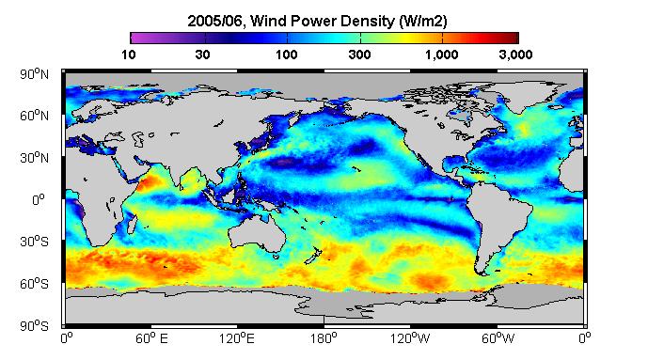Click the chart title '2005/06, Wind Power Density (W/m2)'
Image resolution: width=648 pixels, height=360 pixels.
click(x=317, y=21)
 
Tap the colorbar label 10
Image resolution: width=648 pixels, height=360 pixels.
click(x=129, y=55)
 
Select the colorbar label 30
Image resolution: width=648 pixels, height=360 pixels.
click(x=202, y=55)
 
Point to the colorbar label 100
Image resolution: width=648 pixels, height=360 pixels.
click(x=287, y=55)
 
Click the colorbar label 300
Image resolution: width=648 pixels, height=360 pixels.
click(x=359, y=55)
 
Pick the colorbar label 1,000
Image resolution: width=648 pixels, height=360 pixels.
click(x=441, y=55)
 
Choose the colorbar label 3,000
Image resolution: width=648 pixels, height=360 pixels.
click(x=515, y=55)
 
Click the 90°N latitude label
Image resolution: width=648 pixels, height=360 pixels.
click(x=34, y=74)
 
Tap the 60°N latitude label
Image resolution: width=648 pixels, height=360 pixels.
click(x=34, y=116)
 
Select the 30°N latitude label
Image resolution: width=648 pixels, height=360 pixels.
click(x=34, y=158)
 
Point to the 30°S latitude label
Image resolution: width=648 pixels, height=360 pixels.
click(x=34, y=242)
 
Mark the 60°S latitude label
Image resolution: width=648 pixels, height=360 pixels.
click(x=34, y=284)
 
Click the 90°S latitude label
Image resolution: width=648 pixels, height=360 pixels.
click(x=34, y=326)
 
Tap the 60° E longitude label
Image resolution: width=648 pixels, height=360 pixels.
click(x=151, y=339)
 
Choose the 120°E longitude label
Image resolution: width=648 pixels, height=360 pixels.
click(x=237, y=339)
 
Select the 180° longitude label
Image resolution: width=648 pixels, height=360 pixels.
click(x=324, y=339)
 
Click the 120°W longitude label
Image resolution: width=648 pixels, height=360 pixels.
click(x=410, y=339)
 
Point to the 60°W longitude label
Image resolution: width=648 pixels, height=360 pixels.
click(x=498, y=339)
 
